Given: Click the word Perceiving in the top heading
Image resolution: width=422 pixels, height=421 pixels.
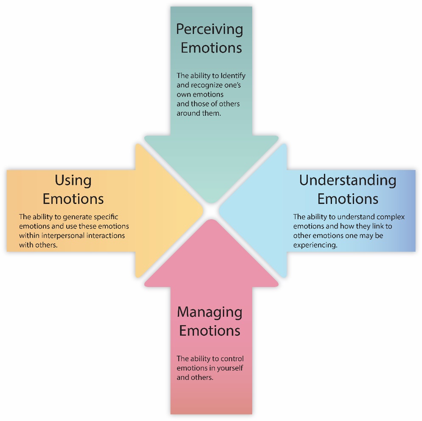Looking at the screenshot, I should click(x=210, y=30).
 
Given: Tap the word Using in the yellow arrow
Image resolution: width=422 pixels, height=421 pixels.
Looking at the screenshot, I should click(x=73, y=181).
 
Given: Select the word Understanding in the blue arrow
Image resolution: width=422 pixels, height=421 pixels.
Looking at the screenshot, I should click(x=347, y=180).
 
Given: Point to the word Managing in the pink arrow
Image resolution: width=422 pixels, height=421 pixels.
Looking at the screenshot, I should click(x=209, y=312).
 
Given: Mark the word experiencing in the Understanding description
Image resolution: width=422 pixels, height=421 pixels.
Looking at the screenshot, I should click(x=315, y=245).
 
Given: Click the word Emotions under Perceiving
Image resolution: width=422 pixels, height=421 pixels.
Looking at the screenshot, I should click(x=211, y=48).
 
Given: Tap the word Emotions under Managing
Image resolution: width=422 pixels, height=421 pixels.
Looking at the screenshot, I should click(x=209, y=331).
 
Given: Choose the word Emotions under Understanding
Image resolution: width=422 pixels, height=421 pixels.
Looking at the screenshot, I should click(x=348, y=199).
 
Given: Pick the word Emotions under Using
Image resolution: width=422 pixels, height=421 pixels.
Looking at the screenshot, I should click(x=73, y=199).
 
